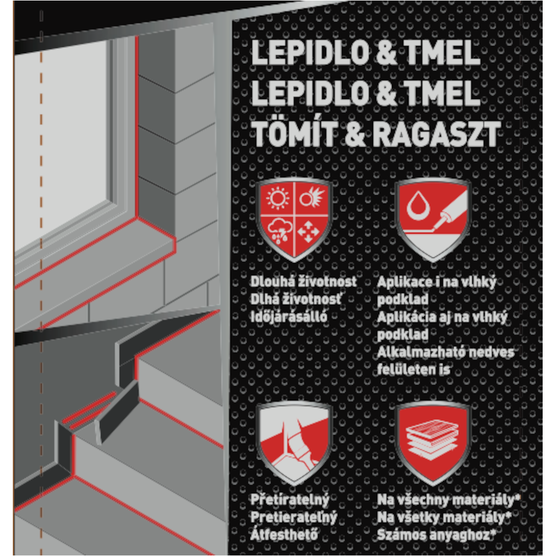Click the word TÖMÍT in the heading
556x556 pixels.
295,133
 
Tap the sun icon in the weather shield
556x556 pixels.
277,197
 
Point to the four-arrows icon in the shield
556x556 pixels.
308,231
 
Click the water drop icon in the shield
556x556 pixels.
418,206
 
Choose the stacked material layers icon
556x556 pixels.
433,439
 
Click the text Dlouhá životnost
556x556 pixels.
303,282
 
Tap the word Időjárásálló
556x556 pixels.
289,317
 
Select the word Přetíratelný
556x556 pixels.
290,500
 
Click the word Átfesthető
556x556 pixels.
284,534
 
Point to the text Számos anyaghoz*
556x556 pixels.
436,535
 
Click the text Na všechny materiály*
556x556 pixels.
448,500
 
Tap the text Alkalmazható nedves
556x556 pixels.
445,352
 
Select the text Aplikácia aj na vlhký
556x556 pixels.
442,317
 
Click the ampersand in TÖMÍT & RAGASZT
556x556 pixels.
355,134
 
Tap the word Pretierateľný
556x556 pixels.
294,517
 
